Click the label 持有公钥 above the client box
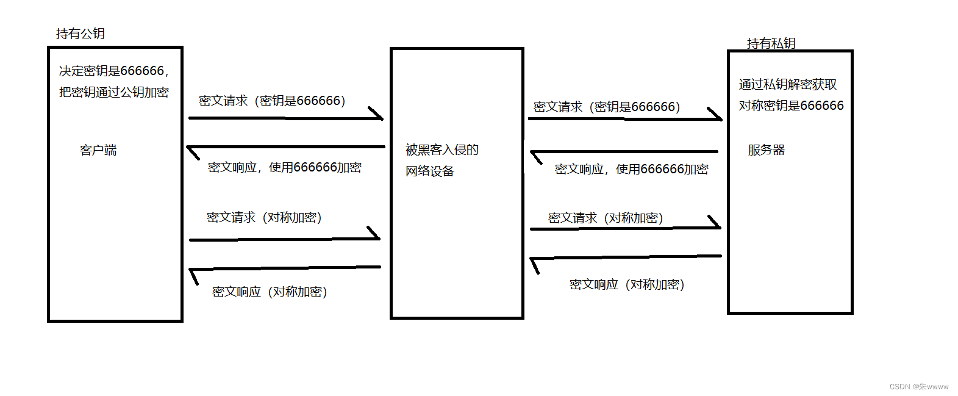coord(80,34)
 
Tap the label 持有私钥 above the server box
coord(771,43)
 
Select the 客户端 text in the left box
coord(98,150)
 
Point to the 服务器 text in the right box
coord(767,150)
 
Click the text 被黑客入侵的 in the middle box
coord(441,149)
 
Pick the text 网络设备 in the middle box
coord(430,171)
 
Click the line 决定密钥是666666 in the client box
coord(113,71)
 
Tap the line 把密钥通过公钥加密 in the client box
coord(113,92)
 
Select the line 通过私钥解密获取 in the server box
coord(787,84)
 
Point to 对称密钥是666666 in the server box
coord(791,106)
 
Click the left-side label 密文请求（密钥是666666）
coord(272,101)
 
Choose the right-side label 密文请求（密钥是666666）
coord(607,107)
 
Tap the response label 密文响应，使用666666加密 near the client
coord(284,167)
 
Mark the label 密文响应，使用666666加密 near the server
coord(631,169)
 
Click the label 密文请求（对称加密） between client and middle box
coord(264,217)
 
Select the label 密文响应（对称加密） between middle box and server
coord(627,284)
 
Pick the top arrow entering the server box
coord(624,119)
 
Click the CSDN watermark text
coord(918,386)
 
